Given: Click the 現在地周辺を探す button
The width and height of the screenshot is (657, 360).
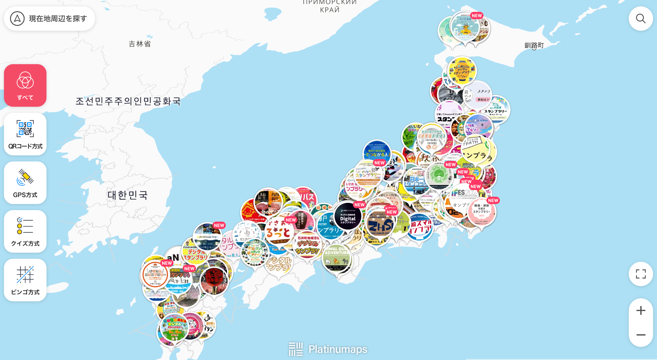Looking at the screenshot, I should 49,19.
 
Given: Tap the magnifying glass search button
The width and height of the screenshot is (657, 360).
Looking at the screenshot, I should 641,19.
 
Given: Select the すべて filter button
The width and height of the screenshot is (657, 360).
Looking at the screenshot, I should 25,85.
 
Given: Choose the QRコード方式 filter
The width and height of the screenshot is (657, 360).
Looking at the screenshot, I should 25,134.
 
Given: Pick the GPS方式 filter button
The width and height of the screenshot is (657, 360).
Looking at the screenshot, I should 25,183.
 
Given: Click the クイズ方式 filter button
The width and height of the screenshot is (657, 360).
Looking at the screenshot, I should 25,231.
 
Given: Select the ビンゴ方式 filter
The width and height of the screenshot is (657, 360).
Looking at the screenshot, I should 25,280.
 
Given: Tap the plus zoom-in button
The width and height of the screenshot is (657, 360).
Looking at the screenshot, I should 641,310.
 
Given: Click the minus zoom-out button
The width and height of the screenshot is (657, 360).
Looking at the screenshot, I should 641,335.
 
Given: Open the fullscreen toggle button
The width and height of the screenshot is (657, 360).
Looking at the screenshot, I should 641,274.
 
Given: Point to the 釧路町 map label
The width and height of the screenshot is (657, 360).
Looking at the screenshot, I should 534,45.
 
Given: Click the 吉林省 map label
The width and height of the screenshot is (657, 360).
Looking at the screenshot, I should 139,44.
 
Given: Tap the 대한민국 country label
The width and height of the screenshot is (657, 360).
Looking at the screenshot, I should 128,195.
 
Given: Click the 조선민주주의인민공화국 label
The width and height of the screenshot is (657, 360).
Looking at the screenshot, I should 128,101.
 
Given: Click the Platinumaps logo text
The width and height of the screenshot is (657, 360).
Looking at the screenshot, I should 337,349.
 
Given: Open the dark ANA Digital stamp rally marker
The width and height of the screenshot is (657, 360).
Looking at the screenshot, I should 348,216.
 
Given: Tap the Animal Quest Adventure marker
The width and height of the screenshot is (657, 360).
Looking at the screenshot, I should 337,258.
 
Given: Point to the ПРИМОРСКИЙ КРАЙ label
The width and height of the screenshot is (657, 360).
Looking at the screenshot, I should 330,6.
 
